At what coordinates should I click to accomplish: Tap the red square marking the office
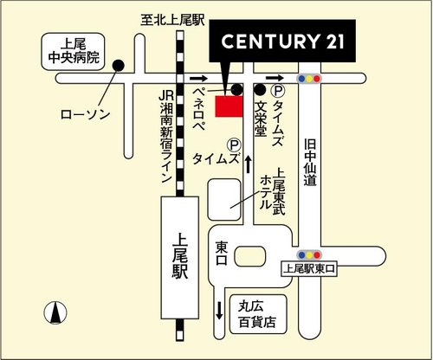(x=229, y=106)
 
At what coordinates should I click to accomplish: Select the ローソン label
(x=85, y=114)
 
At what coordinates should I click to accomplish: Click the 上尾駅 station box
(x=180, y=255)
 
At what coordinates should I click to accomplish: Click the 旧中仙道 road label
(x=309, y=164)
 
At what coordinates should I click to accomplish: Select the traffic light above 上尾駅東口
(x=308, y=254)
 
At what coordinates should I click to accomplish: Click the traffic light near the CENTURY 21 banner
(x=308, y=78)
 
